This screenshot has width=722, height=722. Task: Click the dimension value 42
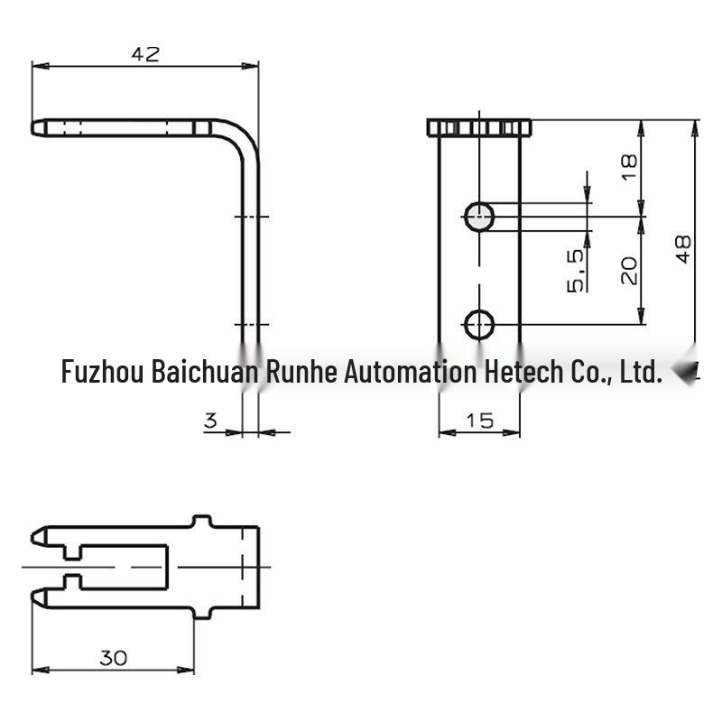pos(145,54)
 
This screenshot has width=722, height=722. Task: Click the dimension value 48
pos(684,249)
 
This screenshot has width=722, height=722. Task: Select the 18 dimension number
pos(629,167)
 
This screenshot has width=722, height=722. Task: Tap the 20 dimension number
pos(629,270)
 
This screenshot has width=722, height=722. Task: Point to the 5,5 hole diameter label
pos(575,271)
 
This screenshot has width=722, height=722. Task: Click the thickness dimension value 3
pos(210,421)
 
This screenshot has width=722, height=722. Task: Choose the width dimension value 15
pos(479,421)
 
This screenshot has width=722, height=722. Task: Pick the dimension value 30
pos(114,658)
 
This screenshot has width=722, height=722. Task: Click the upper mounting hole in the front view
pos(479,217)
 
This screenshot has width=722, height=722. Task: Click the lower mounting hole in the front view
pos(479,325)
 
